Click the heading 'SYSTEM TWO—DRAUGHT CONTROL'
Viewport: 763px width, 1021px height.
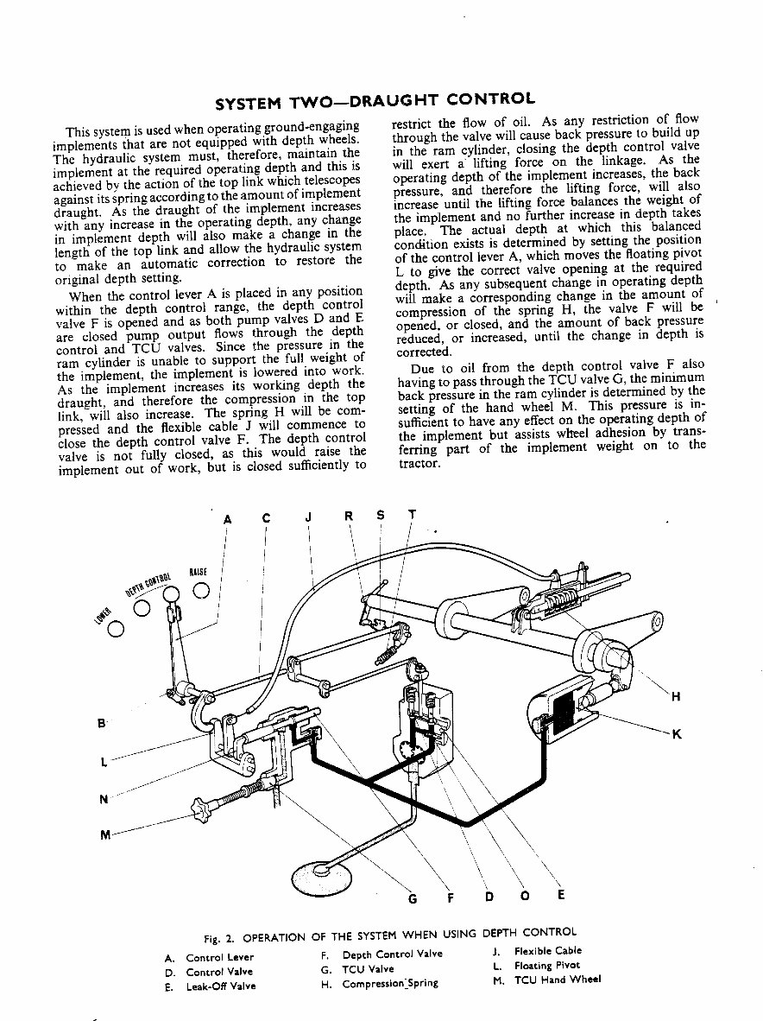(375, 101)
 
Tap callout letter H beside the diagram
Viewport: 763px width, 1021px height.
(676, 697)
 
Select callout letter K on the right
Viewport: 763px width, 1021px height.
(677, 734)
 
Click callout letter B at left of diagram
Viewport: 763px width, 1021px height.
(103, 722)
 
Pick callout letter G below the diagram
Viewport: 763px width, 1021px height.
(413, 897)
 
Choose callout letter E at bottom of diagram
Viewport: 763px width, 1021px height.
(560, 895)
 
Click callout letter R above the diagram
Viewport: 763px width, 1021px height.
(349, 517)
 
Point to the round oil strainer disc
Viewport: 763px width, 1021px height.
(322, 875)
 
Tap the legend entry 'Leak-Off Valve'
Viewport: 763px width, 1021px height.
(221, 986)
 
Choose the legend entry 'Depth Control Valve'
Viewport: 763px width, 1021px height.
(392, 954)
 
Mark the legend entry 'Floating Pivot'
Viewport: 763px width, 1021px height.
(547, 965)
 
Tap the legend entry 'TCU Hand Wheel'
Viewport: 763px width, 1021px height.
(558, 980)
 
